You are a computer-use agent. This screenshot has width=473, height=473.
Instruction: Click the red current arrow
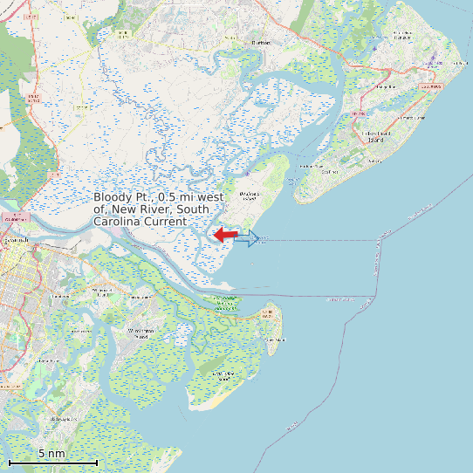pos(225,235)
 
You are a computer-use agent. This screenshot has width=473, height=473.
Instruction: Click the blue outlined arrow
pos(247,238)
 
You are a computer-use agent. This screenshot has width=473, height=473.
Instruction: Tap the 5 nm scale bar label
pos(51,454)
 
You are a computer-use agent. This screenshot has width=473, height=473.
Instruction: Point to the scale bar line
pos(52,463)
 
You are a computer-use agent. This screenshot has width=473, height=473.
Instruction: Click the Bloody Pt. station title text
pos(158,210)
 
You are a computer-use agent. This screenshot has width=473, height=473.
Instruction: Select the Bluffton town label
pos(260,42)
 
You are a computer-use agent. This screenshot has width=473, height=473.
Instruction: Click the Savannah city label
pos(15,239)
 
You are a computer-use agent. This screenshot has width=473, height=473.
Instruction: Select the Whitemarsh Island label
pos(103,291)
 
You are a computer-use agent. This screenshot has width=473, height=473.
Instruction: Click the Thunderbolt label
pos(60,297)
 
